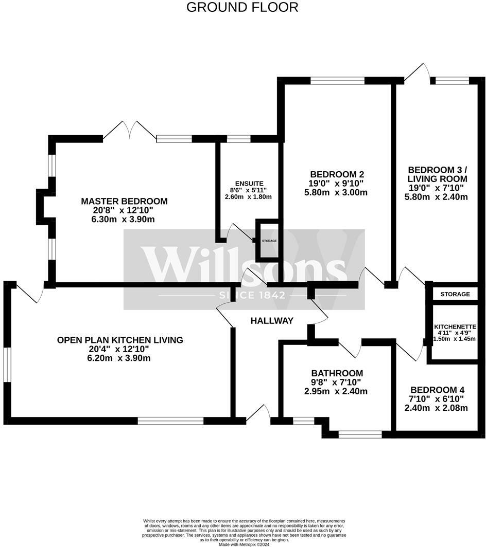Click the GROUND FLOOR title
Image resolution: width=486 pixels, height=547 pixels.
coord(242,7)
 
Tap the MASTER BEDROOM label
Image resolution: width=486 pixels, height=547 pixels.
coord(124,201)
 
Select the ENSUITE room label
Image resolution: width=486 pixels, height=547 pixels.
coord(249,184)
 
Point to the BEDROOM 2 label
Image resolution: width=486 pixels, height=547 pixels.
coord(337,174)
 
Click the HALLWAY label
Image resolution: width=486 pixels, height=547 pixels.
coord(272,321)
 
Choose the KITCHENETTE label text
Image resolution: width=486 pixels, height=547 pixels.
coord(455,327)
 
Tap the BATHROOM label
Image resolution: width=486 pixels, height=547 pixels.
coord(337,373)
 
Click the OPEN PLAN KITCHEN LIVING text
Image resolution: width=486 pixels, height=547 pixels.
coord(120,340)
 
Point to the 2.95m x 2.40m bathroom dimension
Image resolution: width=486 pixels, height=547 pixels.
coord(336,391)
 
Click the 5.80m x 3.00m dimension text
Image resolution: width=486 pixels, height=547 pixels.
coord(336,193)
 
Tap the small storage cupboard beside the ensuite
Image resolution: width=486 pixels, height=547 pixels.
coord(268,241)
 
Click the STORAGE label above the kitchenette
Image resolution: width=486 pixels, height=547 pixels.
coord(455,295)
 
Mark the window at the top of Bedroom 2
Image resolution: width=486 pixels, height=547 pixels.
coord(338,80)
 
